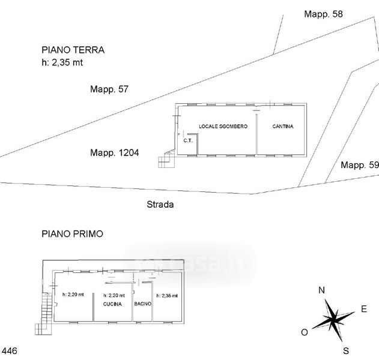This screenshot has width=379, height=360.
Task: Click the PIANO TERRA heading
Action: [x=73, y=50]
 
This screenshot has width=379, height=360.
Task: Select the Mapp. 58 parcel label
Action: [x=323, y=14]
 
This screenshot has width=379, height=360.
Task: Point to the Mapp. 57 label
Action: [x=109, y=89]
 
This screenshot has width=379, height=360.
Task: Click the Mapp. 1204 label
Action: [x=114, y=153]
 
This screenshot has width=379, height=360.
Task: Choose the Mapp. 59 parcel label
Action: [x=360, y=165]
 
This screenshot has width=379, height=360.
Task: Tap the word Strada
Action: [x=160, y=205]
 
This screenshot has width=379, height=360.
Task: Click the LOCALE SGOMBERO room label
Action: [x=223, y=127]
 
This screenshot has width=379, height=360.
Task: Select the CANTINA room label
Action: [x=282, y=127]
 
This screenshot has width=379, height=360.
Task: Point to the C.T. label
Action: [x=187, y=141]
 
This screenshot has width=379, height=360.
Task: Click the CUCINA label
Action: [x=112, y=304]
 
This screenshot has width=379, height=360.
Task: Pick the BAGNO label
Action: [x=143, y=304]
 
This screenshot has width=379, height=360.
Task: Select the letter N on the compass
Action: [x=321, y=290]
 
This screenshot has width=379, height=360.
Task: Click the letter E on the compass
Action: [x=363, y=310]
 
